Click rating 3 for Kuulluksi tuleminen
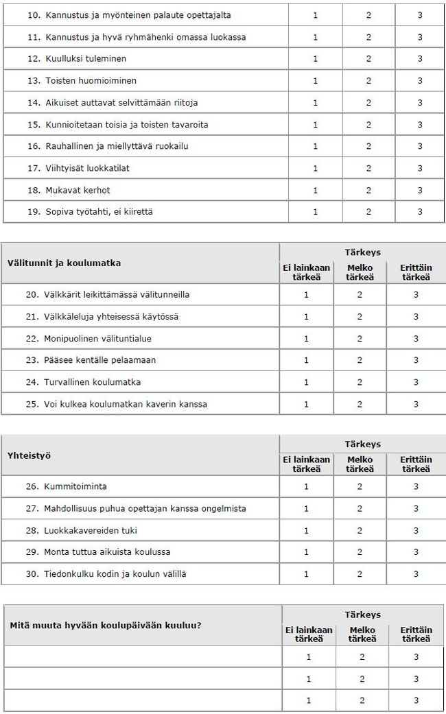(x=420, y=59)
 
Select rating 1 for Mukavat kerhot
(x=315, y=190)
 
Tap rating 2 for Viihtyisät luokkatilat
(x=368, y=168)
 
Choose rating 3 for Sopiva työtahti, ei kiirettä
(x=420, y=212)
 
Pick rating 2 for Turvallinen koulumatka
(x=360, y=382)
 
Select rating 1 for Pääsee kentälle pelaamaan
(x=307, y=360)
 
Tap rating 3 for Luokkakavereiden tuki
(x=416, y=530)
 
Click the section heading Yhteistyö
(x=29, y=455)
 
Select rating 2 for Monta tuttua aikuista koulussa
(x=360, y=552)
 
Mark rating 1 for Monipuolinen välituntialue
(x=307, y=338)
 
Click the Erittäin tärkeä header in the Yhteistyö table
(x=416, y=464)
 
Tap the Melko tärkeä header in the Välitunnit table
(x=360, y=272)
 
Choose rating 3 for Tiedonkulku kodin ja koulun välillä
(x=416, y=574)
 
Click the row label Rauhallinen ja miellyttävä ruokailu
(x=117, y=146)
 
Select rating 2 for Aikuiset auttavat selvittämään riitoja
(x=368, y=103)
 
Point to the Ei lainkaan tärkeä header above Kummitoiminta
(x=307, y=464)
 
